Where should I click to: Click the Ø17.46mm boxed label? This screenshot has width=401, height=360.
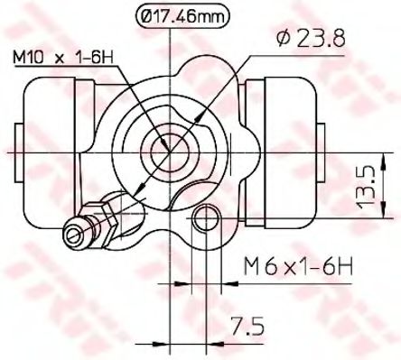click(182, 16)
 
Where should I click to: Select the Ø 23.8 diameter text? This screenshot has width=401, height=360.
click(311, 39)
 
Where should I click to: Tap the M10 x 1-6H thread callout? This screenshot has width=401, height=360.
click(63, 57)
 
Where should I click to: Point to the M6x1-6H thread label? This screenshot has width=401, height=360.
click(297, 266)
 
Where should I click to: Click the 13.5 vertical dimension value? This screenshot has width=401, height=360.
click(366, 189)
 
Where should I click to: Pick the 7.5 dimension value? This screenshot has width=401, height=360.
click(247, 326)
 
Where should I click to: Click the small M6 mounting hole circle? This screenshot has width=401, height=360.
click(207, 218)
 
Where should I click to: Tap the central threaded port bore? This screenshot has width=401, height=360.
click(170, 152)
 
